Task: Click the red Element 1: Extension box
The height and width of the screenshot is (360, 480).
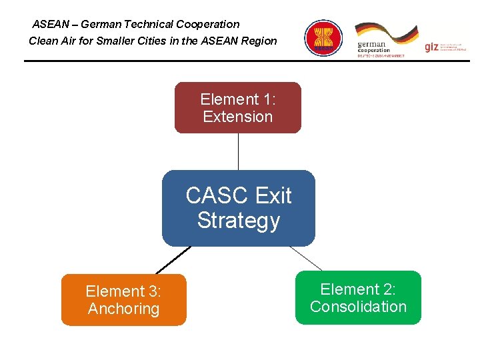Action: [238, 107]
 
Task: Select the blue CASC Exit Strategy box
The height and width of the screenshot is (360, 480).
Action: [238, 208]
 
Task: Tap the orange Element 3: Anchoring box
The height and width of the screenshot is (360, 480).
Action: [123, 300]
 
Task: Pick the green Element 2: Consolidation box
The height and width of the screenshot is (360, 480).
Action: [358, 298]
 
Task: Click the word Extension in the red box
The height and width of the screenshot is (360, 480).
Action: [238, 117]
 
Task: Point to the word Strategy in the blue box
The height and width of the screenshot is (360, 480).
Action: [238, 221]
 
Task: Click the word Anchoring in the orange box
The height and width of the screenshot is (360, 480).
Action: [123, 309]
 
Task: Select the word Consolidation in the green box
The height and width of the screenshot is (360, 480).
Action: [358, 307]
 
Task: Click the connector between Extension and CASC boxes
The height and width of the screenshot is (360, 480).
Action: [238, 152]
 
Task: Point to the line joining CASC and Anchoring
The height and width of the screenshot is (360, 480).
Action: [172, 261]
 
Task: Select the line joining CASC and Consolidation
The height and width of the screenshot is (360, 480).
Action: [306, 258]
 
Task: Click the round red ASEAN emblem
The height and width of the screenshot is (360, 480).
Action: [323, 37]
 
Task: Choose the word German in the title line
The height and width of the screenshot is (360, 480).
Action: [101, 25]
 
